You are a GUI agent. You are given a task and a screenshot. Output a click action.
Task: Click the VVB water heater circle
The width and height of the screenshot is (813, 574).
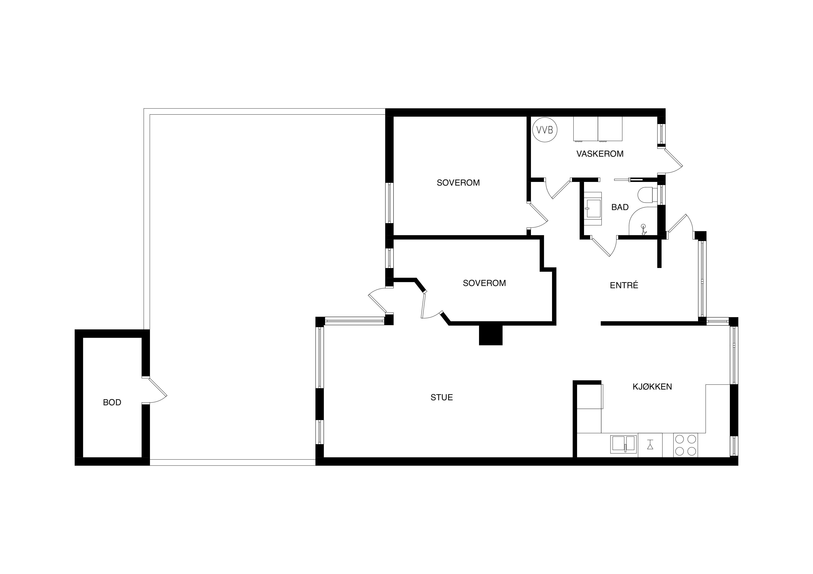point(545,130)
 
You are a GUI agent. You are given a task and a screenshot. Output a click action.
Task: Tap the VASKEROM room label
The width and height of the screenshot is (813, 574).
point(600,154)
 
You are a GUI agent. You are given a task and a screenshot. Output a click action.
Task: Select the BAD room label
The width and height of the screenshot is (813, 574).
point(620,207)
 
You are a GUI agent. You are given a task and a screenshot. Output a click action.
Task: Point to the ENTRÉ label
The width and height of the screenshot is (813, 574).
point(624,285)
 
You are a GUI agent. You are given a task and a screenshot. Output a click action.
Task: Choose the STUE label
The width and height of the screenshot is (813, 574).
point(441,398)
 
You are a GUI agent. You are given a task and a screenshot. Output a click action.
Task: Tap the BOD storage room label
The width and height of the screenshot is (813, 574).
point(112,402)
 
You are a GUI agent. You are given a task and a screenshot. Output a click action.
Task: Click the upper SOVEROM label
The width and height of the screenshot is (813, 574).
point(458,183)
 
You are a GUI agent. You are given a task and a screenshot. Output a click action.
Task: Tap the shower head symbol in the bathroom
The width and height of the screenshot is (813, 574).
point(643,229)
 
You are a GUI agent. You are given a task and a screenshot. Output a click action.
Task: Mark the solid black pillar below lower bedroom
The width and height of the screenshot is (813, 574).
point(491,335)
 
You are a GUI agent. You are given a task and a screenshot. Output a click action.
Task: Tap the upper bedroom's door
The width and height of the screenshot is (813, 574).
point(537,215)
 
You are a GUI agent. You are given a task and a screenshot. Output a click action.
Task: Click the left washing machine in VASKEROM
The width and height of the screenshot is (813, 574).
point(586,129)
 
